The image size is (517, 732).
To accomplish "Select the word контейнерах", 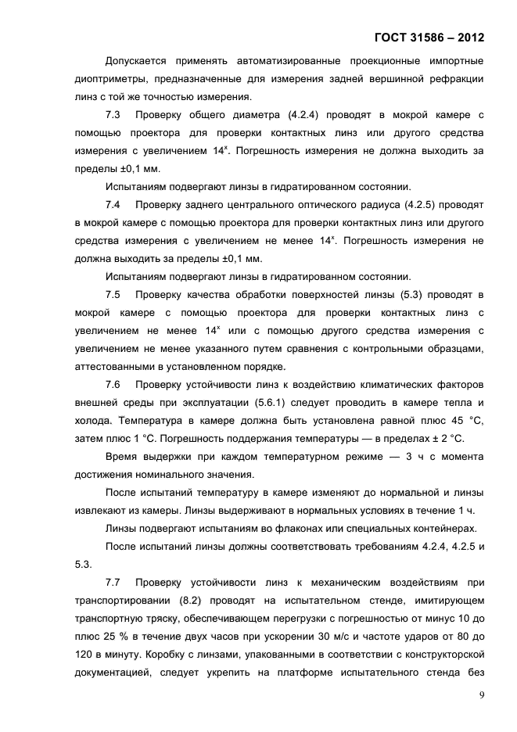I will pos(441,529).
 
